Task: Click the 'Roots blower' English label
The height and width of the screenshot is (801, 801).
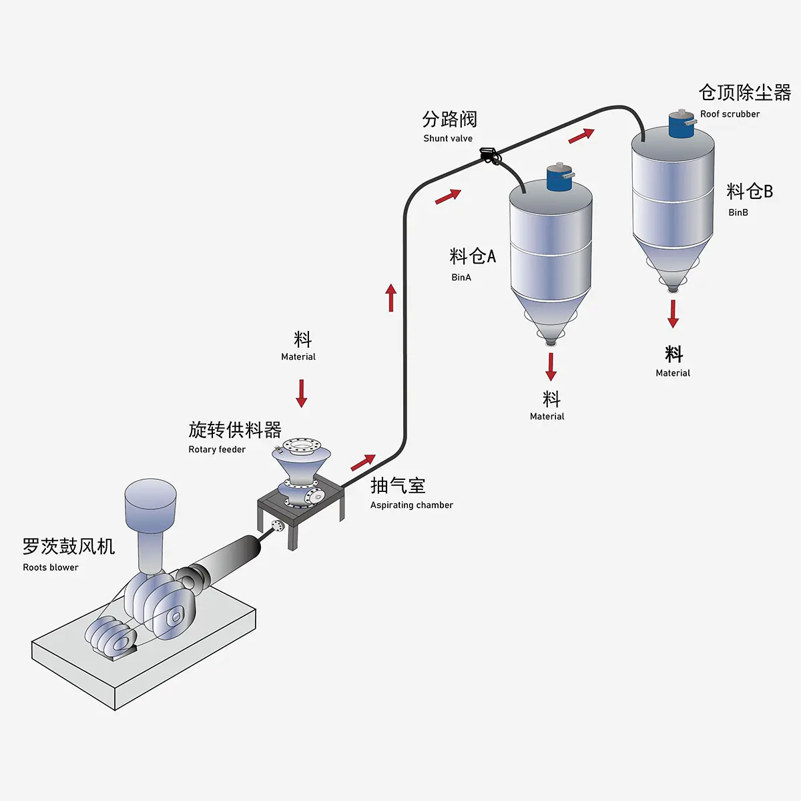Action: (51, 567)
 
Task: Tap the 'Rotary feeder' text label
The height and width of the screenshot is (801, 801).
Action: (217, 449)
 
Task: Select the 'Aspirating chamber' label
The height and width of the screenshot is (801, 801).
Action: (411, 505)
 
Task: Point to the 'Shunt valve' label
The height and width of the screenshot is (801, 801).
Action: (448, 138)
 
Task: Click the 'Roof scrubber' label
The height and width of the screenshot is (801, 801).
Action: (730, 114)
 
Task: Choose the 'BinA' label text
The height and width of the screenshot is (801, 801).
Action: (461, 277)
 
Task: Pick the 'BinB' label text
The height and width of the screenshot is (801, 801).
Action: (738, 212)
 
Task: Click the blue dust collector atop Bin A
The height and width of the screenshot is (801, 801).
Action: (559, 177)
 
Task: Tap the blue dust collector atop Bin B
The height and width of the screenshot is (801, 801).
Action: (682, 125)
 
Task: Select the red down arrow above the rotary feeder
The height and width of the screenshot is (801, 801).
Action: (302, 393)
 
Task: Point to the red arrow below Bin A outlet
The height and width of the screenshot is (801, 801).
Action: (551, 366)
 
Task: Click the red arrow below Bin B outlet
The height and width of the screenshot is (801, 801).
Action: (673, 314)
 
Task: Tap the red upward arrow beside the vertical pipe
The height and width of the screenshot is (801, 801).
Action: (391, 298)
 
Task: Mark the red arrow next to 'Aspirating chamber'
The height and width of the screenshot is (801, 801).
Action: (363, 462)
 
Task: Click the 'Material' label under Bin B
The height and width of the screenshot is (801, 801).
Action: (673, 373)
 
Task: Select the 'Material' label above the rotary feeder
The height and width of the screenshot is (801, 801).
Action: (298, 357)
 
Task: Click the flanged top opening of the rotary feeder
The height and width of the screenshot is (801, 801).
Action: (301, 445)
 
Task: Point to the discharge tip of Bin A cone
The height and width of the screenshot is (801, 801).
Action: (551, 342)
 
